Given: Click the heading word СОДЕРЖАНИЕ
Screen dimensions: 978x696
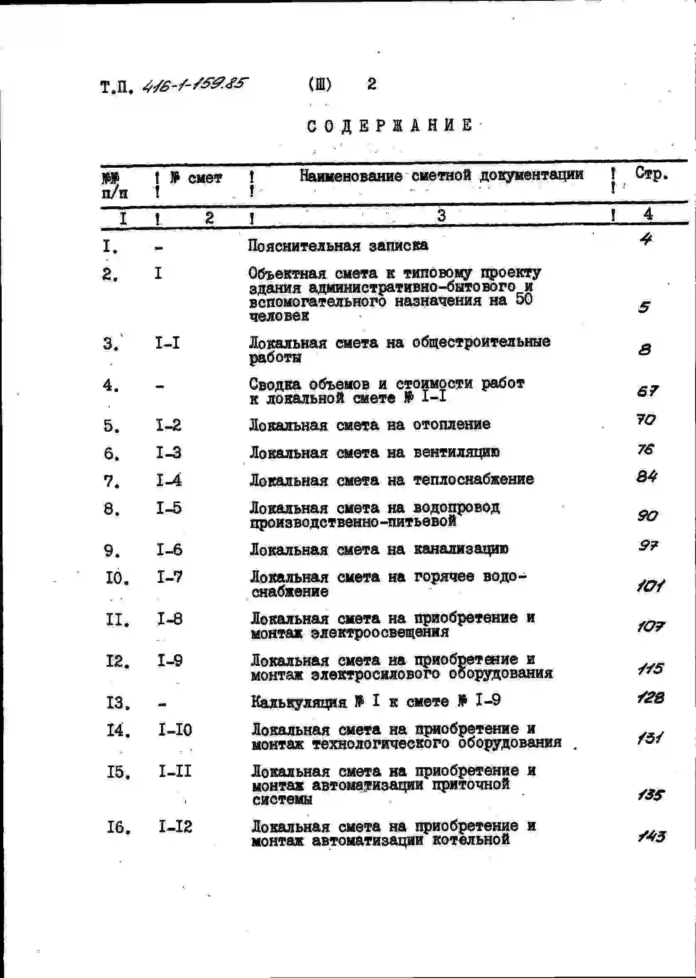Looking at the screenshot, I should point(390,125).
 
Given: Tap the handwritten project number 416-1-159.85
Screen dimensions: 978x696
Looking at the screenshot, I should point(195,84).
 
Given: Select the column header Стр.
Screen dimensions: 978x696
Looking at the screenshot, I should point(651,174).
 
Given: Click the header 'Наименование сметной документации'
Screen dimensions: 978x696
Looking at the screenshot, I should point(441,175).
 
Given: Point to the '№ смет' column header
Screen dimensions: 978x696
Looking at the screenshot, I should point(196,178).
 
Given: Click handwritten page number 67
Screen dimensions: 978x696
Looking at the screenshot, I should point(647,391).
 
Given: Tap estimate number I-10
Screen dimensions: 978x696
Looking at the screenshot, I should point(175,729).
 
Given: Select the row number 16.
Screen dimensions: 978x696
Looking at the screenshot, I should point(119,827).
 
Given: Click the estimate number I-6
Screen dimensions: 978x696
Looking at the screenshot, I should point(169,549).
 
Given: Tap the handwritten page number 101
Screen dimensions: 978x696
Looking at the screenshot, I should point(650,585).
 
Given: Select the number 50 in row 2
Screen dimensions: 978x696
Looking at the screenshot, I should point(524,299).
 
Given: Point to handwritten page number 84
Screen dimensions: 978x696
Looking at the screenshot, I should point(647,477).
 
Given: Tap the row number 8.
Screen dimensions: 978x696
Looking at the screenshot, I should point(111,509).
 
